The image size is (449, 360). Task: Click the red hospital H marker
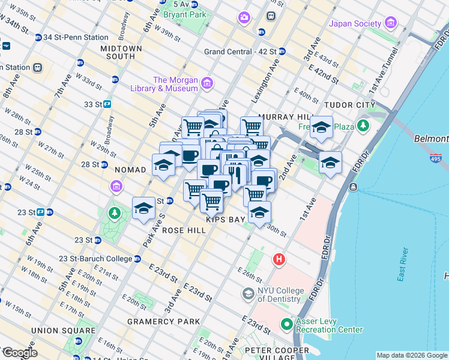(x=279, y=260)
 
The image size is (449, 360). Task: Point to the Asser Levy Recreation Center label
(x=329, y=325)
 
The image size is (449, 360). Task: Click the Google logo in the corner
(x=19, y=353)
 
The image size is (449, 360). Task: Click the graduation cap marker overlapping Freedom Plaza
(x=322, y=128)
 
